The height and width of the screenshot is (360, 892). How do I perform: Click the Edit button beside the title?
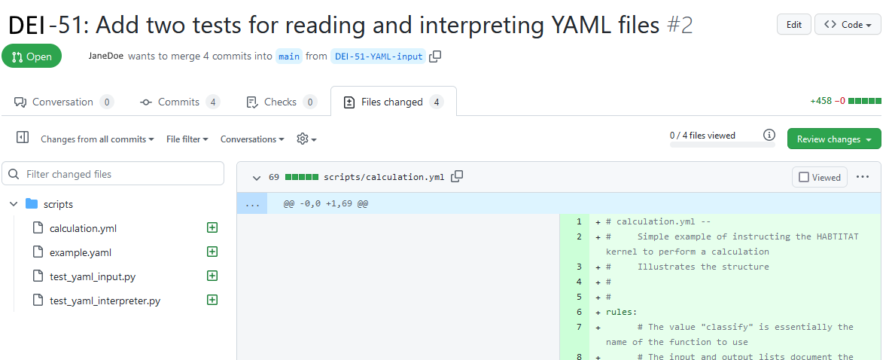pyautogui.click(x=793, y=25)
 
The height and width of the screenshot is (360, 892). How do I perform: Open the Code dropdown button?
pyautogui.click(x=848, y=25)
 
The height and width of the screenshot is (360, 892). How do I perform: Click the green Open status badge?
pyautogui.click(x=32, y=56)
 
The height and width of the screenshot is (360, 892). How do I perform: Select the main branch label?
pyautogui.click(x=289, y=56)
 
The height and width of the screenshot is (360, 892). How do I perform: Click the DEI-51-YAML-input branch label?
pyautogui.click(x=379, y=56)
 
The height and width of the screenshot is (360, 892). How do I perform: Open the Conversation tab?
pyautogui.click(x=63, y=102)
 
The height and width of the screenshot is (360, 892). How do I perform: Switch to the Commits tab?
pyautogui.click(x=180, y=102)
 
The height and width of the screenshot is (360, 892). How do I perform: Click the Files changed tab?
pyautogui.click(x=393, y=102)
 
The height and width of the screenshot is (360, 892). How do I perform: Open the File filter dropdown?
pyautogui.click(x=187, y=139)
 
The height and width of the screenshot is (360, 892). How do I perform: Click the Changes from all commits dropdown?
pyautogui.click(x=97, y=139)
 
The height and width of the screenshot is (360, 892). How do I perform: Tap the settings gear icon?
pyautogui.click(x=303, y=139)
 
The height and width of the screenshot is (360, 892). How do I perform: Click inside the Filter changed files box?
pyautogui.click(x=113, y=174)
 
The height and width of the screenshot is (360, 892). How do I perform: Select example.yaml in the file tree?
pyautogui.click(x=81, y=252)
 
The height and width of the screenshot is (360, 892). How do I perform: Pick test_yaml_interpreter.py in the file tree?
pyautogui.click(x=105, y=301)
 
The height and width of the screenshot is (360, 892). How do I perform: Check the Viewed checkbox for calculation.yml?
pyautogui.click(x=804, y=177)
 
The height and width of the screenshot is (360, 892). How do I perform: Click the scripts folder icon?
pyautogui.click(x=32, y=204)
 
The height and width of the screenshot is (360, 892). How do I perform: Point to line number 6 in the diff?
pyautogui.click(x=579, y=312)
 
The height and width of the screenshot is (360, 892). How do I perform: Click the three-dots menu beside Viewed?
pyautogui.click(x=863, y=176)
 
